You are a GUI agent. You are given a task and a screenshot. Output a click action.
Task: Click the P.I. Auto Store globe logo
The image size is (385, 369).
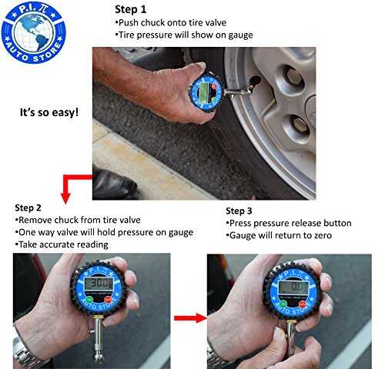pos(34,32)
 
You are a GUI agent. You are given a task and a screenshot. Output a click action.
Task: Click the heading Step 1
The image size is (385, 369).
pos(130,9)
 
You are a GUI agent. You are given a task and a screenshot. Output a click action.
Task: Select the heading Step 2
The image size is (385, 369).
pos(28,208)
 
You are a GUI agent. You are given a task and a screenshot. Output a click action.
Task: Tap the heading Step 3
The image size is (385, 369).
pos(239,211)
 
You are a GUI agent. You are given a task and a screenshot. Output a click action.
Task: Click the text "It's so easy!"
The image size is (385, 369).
pos(49,112)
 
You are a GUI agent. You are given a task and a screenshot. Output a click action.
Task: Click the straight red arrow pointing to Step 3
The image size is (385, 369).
pos(190,318)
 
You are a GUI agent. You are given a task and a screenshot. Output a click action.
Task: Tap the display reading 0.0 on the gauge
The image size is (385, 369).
pos(293,287)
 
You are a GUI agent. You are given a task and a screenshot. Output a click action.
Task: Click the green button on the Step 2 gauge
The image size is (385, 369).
pos(89,300)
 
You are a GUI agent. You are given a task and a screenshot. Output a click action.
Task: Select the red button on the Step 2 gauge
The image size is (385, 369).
pos(108,299)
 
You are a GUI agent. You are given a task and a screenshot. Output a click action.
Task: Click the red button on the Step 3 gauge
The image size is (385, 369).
pos(303,304)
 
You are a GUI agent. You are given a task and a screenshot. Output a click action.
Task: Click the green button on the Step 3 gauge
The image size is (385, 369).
pos(283,304)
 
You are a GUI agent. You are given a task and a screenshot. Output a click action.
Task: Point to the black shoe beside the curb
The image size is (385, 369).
pos(114,184)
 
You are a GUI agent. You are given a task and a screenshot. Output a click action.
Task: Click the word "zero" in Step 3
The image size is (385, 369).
pos(321,235)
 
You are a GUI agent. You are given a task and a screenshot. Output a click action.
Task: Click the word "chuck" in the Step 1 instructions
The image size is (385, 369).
pos(152,22)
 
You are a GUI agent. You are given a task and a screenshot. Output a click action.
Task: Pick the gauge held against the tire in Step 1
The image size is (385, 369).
pos(206,94)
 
